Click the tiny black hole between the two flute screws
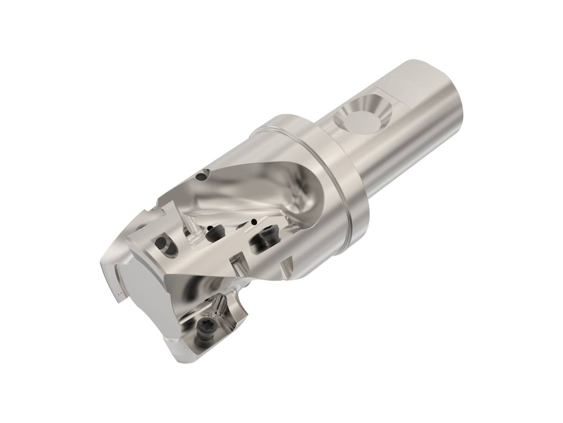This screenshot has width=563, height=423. pyautogui.click(x=254, y=221)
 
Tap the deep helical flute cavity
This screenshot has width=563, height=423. pyautogui.click(x=263, y=188)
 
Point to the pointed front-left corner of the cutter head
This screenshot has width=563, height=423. pyautogui.click(x=104, y=263)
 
